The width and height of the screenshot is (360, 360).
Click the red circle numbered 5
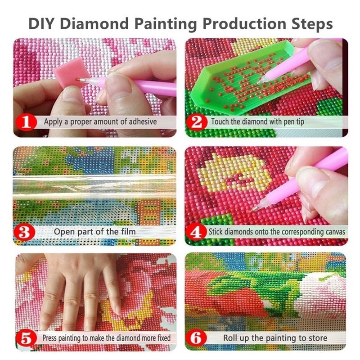[27, 337]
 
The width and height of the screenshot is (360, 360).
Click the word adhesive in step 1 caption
[138, 121]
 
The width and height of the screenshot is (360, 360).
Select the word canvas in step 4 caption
[333, 232]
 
